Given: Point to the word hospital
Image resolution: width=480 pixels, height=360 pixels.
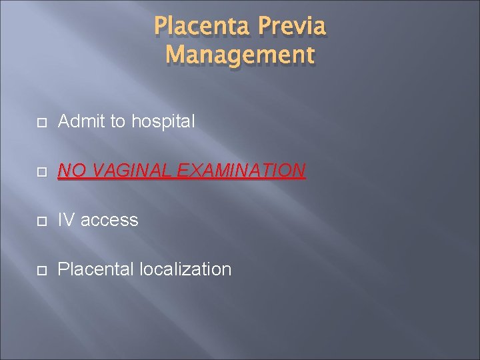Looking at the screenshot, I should click(163, 122).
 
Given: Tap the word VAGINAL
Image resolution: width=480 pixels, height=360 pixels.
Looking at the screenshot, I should click(131, 171).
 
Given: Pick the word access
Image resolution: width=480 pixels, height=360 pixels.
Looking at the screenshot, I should click(109, 221).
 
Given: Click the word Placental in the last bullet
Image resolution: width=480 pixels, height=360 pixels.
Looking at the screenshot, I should click(97, 269).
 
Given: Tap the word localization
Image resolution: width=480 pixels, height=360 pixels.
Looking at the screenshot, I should click(186, 269).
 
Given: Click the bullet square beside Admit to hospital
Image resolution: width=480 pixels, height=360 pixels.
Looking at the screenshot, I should click(41, 123).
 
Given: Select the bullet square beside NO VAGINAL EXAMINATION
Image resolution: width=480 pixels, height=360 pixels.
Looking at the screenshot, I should click(41, 172).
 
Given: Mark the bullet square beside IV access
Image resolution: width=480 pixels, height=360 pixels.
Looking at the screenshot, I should click(41, 221).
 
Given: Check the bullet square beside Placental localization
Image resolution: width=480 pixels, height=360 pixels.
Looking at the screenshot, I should click(41, 270).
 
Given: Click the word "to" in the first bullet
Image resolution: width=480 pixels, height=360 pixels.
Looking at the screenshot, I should click(118, 122).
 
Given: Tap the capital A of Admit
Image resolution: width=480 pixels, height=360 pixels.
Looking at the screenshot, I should click(64, 121).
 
